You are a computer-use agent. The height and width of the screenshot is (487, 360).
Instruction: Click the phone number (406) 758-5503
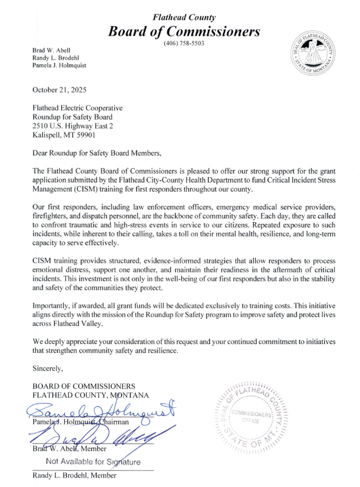pyautogui.click(x=184, y=43)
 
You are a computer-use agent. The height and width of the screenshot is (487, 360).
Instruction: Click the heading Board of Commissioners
pyautogui.click(x=184, y=31)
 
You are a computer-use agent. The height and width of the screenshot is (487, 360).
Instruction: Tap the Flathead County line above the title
pyautogui.click(x=184, y=18)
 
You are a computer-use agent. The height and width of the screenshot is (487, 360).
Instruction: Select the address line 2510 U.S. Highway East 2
pyautogui.click(x=73, y=126)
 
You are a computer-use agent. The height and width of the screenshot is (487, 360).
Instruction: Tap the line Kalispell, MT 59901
pyautogui.click(x=64, y=135)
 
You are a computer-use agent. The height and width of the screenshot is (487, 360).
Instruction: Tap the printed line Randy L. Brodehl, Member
pyautogui.click(x=74, y=475)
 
